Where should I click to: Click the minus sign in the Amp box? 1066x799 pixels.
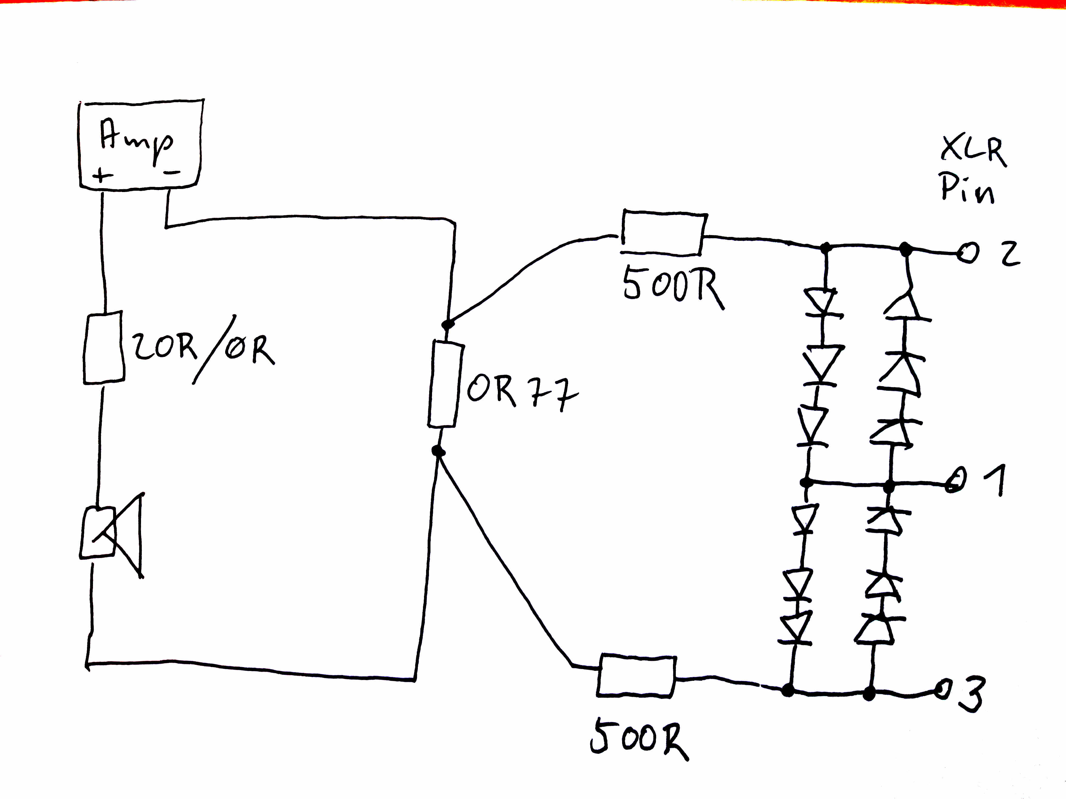tap(171, 172)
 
